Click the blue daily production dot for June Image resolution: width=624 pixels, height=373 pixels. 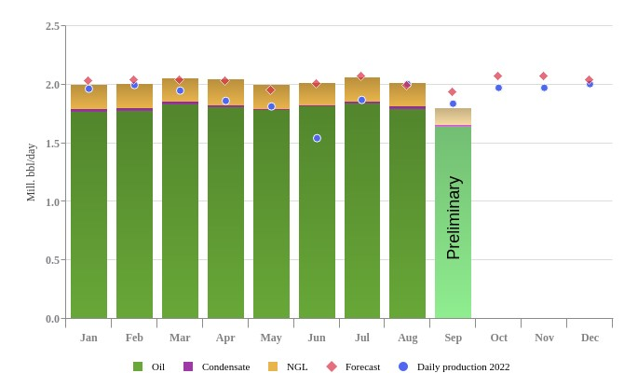click(317, 138)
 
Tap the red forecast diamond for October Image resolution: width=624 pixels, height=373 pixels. click(497, 76)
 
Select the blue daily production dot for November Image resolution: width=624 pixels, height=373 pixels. click(544, 88)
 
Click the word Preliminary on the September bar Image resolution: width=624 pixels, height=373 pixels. click(454, 217)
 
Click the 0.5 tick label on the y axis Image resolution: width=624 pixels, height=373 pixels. click(52, 260)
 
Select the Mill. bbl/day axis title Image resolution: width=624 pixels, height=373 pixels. click(31, 173)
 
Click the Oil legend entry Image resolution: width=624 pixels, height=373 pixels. click(150, 366)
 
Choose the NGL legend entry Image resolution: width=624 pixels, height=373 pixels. click(288, 366)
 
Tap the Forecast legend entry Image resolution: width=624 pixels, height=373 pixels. click(353, 366)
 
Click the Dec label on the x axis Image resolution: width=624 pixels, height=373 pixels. click(590, 338)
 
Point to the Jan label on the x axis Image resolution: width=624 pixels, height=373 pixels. click(88, 338)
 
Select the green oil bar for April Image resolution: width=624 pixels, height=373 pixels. click(225, 214)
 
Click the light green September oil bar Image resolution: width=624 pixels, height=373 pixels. click(453, 280)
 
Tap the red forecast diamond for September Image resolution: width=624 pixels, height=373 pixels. click(453, 92)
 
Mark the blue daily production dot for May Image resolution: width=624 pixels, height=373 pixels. click(271, 106)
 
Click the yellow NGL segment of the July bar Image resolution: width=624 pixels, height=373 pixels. click(362, 90)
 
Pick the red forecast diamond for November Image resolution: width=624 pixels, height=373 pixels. click(544, 76)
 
